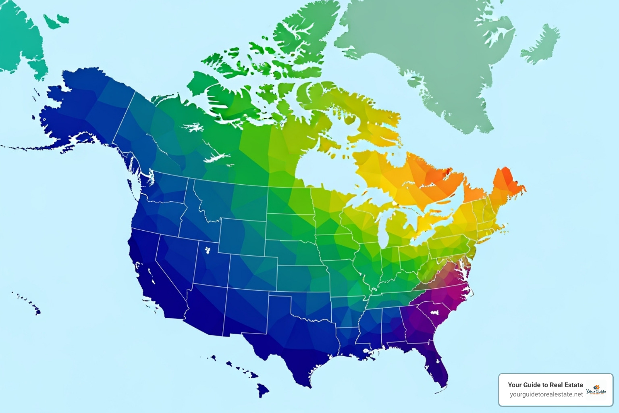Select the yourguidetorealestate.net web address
[x=546, y=394]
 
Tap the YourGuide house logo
[x=596, y=389]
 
